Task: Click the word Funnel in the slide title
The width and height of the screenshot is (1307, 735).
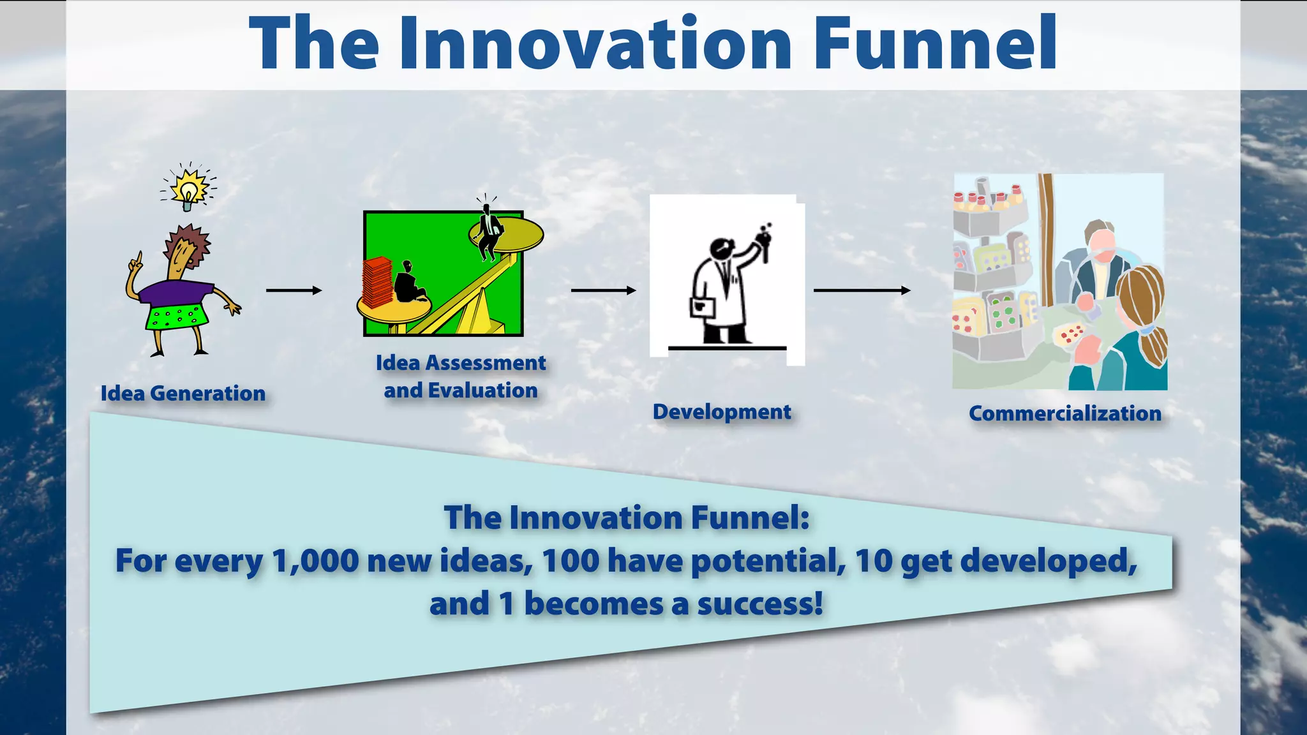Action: pos(935,43)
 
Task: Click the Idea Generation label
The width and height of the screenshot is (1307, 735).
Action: pos(183,393)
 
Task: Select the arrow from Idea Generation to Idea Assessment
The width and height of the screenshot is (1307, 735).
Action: pos(294,290)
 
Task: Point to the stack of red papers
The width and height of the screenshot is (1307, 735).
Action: pos(377,281)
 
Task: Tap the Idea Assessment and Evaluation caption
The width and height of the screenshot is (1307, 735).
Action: pos(461,376)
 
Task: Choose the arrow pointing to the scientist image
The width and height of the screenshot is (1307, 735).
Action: pos(603,290)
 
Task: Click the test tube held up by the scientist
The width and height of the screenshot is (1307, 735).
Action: pos(764,246)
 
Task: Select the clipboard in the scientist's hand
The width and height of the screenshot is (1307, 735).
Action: pos(702,308)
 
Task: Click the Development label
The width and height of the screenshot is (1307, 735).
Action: pos(722,412)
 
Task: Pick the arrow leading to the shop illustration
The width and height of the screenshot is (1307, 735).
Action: pos(862,290)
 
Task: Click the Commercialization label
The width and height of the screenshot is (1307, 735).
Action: pos(1064,413)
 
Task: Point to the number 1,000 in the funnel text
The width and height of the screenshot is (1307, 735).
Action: pos(315,561)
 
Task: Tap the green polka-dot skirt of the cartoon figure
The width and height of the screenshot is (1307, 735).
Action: pos(176,316)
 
